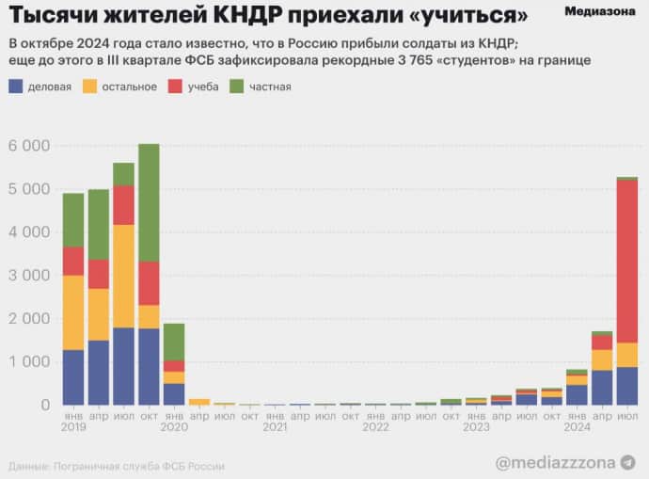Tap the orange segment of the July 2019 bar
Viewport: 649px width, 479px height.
(123, 276)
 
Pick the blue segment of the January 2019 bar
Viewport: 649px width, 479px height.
(73, 376)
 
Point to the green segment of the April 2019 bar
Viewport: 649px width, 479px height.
(98, 224)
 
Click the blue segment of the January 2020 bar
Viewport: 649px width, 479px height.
(173, 393)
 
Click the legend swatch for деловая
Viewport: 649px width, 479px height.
(16, 87)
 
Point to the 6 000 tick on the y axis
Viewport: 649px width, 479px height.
(28, 146)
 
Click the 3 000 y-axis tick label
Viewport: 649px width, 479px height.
(28, 276)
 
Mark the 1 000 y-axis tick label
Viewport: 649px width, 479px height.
(28, 362)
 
